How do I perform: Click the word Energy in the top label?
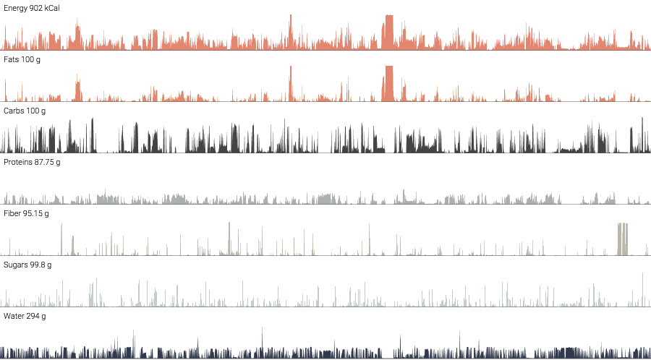(15, 8)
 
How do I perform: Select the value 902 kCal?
(44, 8)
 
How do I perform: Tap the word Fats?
(12, 59)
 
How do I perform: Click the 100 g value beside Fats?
(32, 59)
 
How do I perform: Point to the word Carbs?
(14, 111)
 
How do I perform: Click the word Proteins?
(18, 162)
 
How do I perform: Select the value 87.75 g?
(48, 162)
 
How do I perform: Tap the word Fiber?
(13, 213)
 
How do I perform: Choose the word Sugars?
(16, 265)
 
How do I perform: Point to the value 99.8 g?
(43, 265)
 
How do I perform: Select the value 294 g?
(37, 316)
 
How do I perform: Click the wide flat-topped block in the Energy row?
(388, 33)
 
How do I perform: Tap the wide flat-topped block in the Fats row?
(388, 84)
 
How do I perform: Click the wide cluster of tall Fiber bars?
(622, 239)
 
